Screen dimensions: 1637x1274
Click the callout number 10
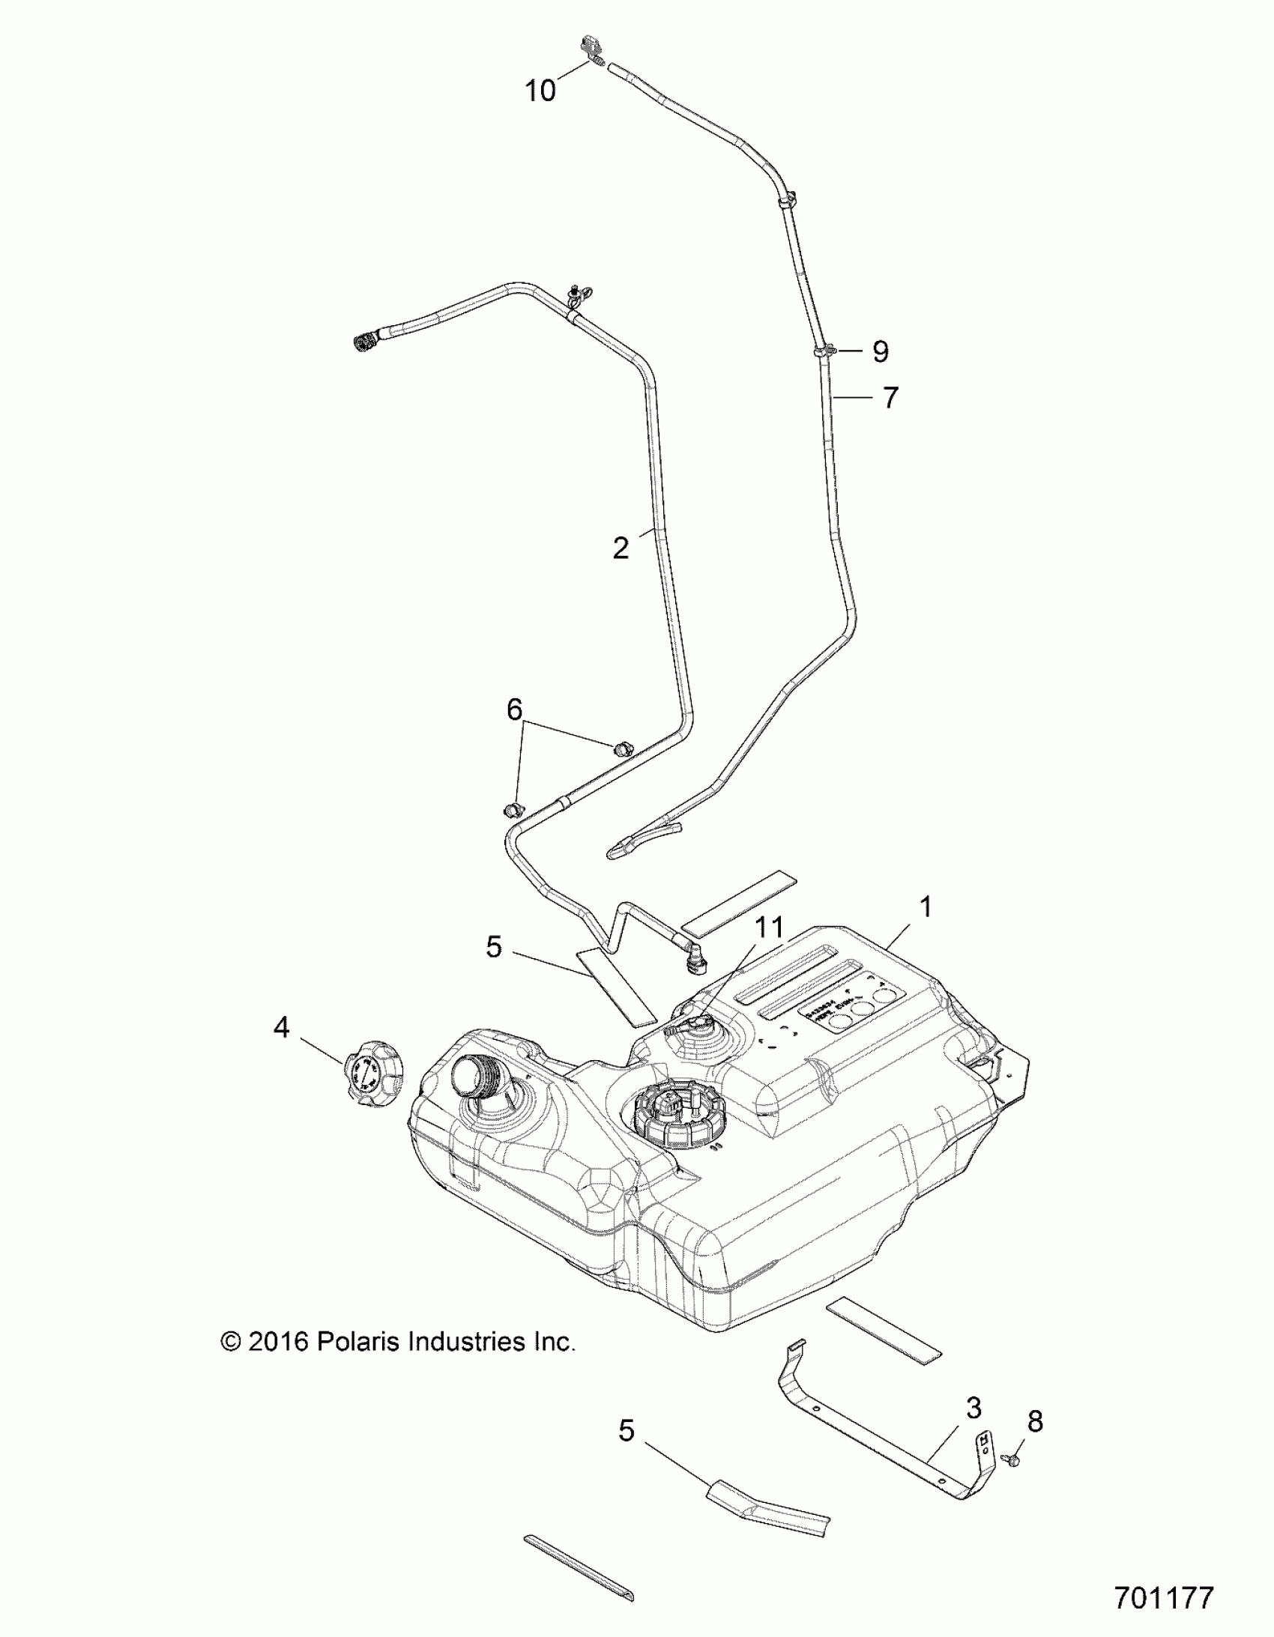(540, 91)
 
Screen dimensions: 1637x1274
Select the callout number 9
(881, 351)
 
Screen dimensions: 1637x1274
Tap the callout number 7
(890, 397)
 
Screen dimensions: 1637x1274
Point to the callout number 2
(620, 548)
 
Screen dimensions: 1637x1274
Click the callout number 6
(514, 709)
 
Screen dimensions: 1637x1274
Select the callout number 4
(281, 1028)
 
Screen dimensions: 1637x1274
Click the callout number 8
(1035, 1420)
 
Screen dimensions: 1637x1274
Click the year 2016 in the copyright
(277, 1341)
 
